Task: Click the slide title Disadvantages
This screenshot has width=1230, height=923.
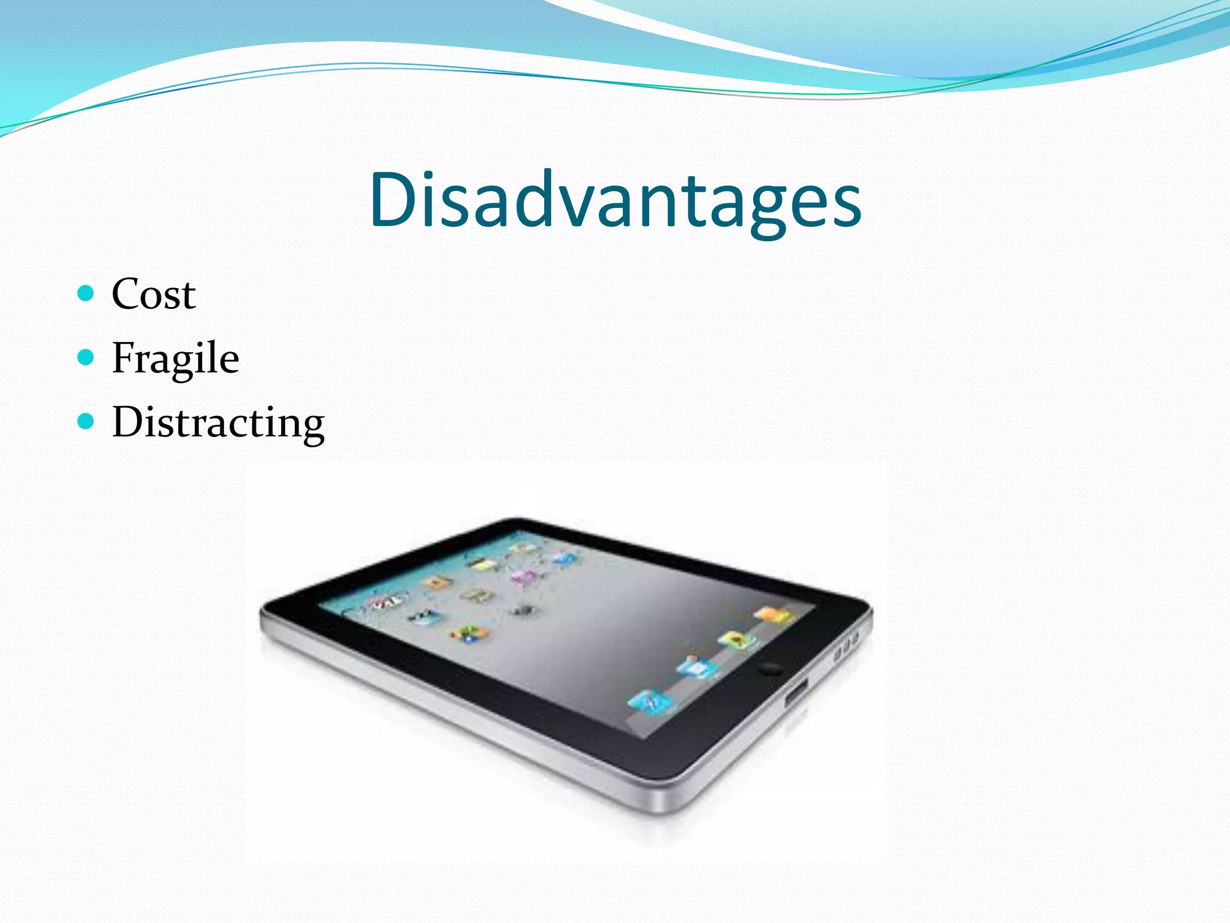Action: tap(615, 200)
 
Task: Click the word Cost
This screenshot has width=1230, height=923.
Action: tap(154, 294)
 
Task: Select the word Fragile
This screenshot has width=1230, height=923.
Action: tap(175, 359)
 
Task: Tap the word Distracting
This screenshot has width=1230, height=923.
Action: tap(218, 422)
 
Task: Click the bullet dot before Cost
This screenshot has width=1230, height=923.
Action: tap(86, 293)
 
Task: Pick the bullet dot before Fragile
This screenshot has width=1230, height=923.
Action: tap(86, 358)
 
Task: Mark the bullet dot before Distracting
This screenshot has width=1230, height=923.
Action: tap(86, 421)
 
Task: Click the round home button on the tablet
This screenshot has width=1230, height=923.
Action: tap(771, 668)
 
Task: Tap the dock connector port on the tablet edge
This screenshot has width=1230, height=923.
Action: tap(797, 693)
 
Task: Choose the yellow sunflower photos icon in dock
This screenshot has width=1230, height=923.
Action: tap(735, 639)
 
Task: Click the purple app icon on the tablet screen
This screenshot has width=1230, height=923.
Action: tap(524, 576)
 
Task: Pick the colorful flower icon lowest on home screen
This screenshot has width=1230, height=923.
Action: tap(468, 633)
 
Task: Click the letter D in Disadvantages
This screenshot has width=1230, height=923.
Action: tap(392, 200)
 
